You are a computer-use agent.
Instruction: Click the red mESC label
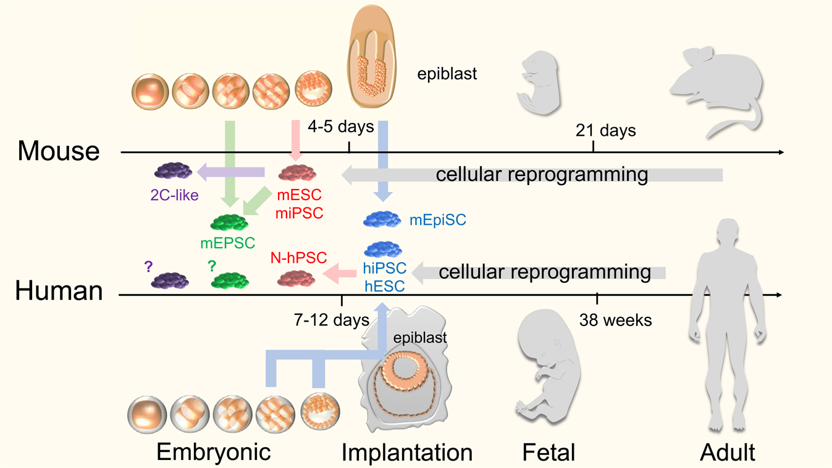(299, 196)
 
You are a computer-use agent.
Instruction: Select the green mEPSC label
(227, 243)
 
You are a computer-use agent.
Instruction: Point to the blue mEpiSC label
(437, 220)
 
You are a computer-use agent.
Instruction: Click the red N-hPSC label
(298, 257)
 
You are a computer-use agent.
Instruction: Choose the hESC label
(384, 285)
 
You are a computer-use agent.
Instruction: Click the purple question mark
(148, 267)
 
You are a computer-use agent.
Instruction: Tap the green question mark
(212, 266)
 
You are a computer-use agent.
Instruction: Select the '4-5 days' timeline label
(341, 127)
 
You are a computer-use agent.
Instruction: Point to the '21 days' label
(605, 130)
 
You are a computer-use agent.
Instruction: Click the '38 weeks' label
(615, 320)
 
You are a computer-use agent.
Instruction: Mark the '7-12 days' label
(331, 320)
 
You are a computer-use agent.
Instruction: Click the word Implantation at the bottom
(407, 453)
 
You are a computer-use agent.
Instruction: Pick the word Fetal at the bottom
(548, 453)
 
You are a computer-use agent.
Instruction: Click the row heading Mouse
(59, 151)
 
